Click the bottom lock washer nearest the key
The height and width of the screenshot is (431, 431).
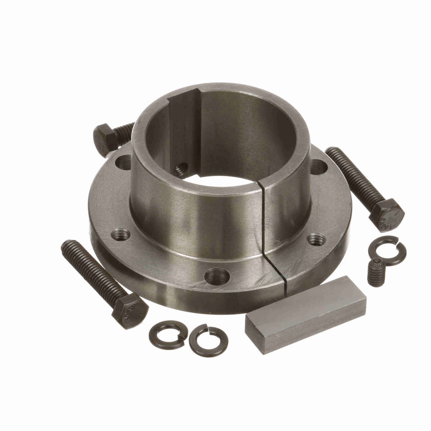204,339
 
